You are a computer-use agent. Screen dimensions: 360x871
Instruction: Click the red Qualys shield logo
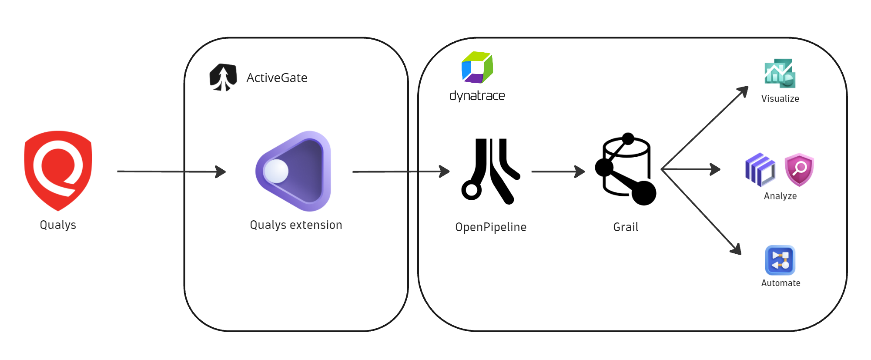point(58,170)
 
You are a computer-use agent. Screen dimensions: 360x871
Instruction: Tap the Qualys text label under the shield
point(58,225)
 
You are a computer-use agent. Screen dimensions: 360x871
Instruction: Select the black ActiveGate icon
point(223,77)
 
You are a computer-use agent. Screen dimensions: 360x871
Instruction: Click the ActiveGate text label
point(277,78)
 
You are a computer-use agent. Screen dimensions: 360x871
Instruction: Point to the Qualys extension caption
point(296,225)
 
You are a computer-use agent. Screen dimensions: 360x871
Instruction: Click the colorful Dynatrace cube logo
point(477,67)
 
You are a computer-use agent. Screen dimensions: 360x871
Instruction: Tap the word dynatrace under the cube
point(477,96)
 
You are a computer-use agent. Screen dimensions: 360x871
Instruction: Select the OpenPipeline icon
point(490,171)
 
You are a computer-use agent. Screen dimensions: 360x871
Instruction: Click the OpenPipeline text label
point(491,227)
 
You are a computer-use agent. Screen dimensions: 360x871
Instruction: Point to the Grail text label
point(626,227)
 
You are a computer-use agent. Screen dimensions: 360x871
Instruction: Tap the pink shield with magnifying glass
point(799,169)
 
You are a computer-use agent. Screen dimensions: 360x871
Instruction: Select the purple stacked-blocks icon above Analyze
point(760,169)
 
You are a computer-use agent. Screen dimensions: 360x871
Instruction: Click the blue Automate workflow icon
point(780,260)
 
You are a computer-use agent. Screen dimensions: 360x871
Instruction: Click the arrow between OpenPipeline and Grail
point(558,172)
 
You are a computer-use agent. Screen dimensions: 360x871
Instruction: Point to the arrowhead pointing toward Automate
point(736,249)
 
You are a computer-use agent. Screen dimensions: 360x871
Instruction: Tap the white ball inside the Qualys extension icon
point(276,171)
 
